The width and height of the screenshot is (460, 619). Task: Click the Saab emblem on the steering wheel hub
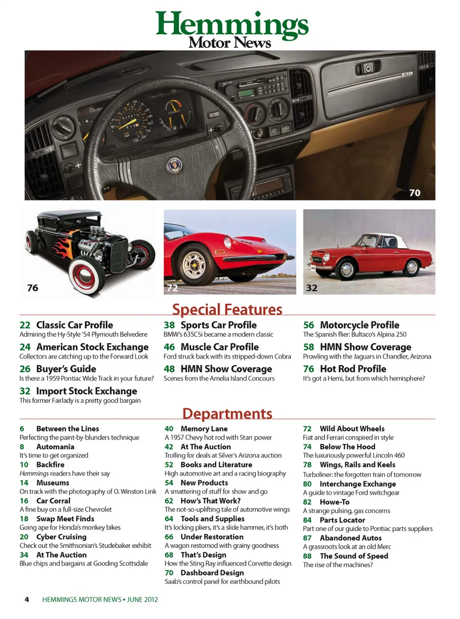point(174,165)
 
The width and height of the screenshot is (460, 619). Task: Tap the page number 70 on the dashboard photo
point(414,193)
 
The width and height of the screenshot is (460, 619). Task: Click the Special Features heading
point(227,309)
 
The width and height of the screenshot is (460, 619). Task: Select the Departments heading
point(227,413)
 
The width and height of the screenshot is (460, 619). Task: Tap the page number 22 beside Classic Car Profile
point(25,325)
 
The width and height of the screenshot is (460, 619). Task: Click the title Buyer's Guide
point(66,369)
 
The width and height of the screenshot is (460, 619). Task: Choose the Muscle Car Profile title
point(219,347)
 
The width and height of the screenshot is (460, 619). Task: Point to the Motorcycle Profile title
point(359,325)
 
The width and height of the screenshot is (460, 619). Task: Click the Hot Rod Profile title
point(353,369)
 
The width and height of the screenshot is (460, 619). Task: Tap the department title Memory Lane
point(204,429)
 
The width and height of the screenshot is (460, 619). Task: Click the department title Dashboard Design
point(212,572)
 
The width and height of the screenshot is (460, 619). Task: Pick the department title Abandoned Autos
point(350,538)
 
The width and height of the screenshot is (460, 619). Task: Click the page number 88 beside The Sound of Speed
point(307,556)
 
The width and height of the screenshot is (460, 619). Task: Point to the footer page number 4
point(27,599)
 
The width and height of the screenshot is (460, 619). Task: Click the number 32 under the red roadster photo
point(311,288)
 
